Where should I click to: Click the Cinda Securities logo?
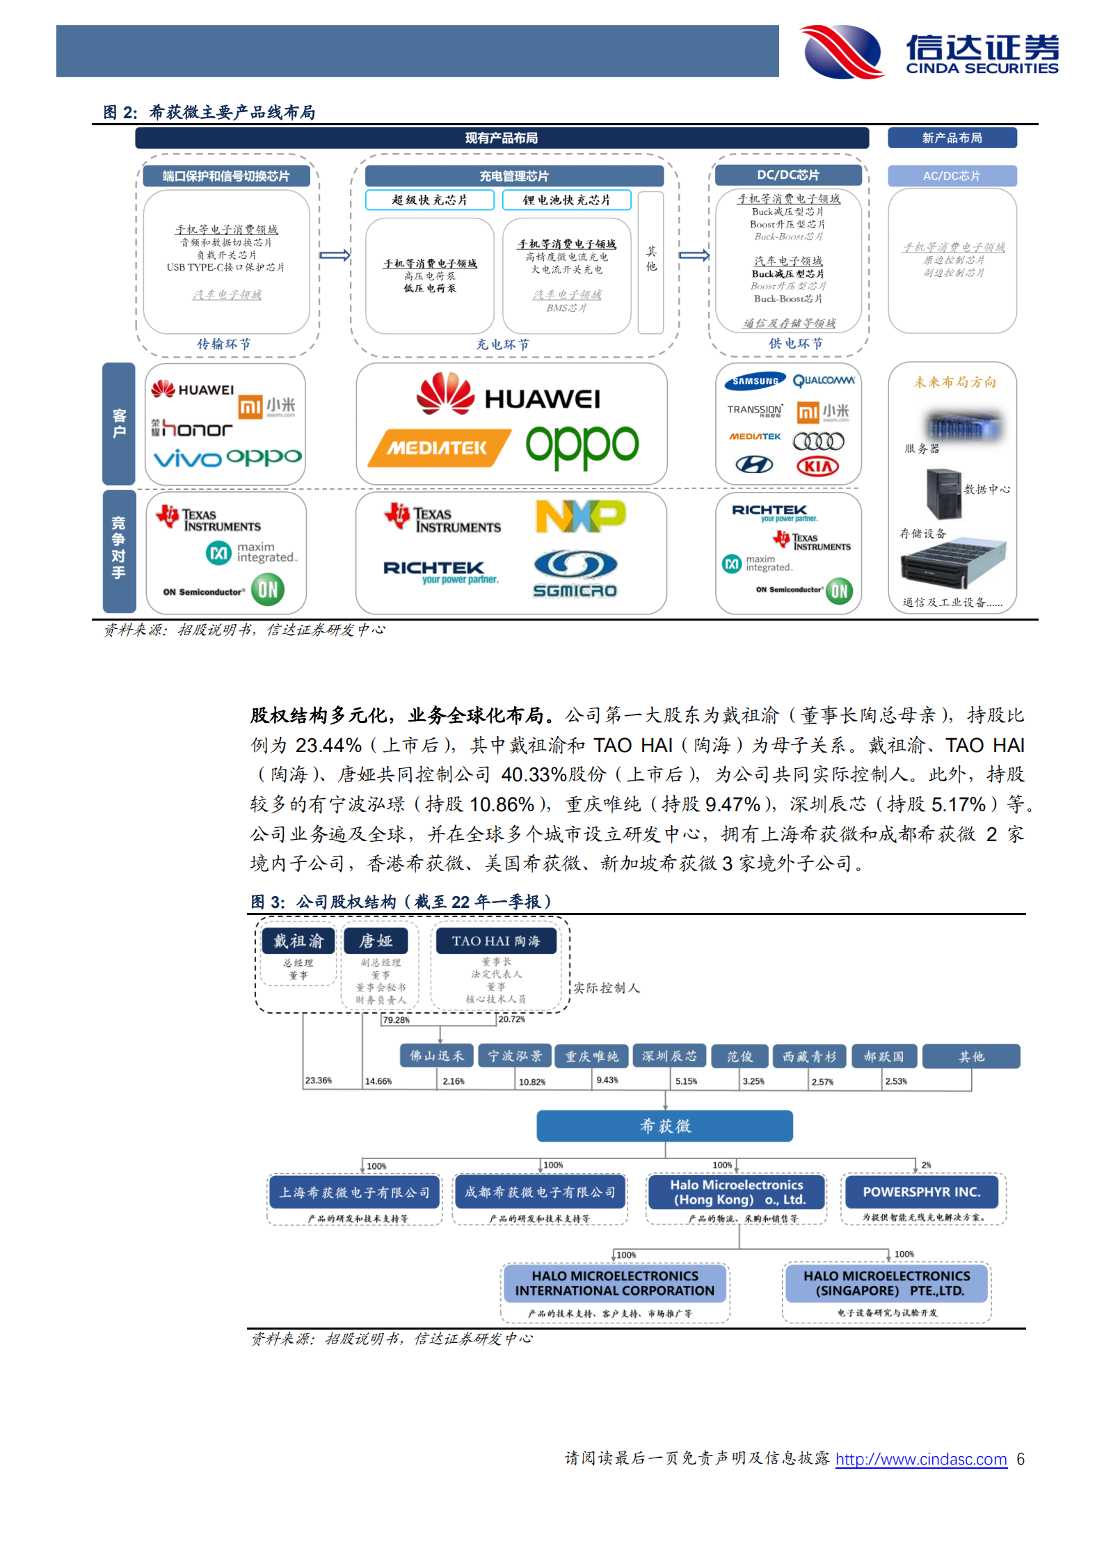coord(929,51)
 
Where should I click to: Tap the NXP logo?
coord(580,516)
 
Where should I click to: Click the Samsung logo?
coord(755,381)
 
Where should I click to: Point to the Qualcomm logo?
coord(824,381)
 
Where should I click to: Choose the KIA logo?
coord(817,466)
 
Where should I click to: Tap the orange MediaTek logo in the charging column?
coord(438,448)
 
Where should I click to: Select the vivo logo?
coord(187,459)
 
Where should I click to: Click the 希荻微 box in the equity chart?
coord(664,1126)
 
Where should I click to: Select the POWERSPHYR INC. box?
coord(921,1192)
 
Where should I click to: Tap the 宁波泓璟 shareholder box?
coord(515,1055)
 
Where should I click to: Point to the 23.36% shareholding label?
coord(319,1081)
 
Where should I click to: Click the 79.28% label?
coord(396,1020)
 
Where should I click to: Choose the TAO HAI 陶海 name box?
coord(495,941)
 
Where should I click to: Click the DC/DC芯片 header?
coord(788,175)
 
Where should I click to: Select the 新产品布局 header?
coord(952,138)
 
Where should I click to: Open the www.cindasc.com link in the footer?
coord(921,1459)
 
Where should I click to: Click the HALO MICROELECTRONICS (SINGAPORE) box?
coord(886,1283)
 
